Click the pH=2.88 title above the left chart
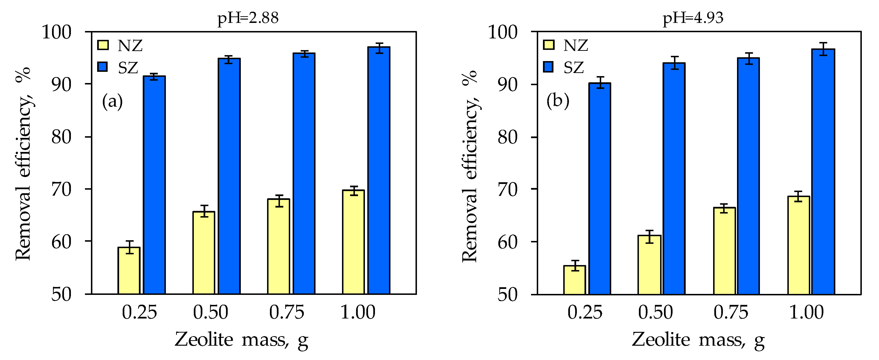[248, 18]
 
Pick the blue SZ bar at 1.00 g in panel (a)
[379, 171]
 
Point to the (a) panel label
[112, 102]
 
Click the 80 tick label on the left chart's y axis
[61, 137]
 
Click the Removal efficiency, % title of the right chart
[470, 166]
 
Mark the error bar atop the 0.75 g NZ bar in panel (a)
[279, 201]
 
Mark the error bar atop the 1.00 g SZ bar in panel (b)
[823, 49]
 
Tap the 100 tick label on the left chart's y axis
[56, 32]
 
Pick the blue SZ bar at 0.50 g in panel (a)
[229, 176]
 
